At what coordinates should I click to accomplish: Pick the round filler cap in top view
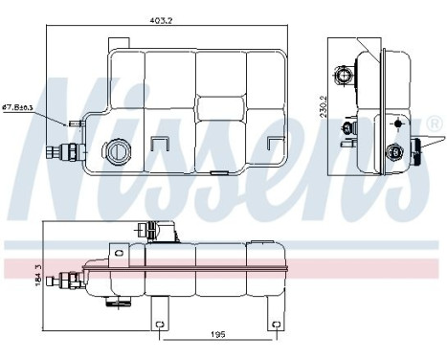(119, 151)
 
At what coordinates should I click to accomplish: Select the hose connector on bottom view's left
(68, 281)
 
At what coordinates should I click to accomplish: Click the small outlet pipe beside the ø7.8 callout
(75, 123)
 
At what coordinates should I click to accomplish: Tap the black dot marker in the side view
(396, 123)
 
